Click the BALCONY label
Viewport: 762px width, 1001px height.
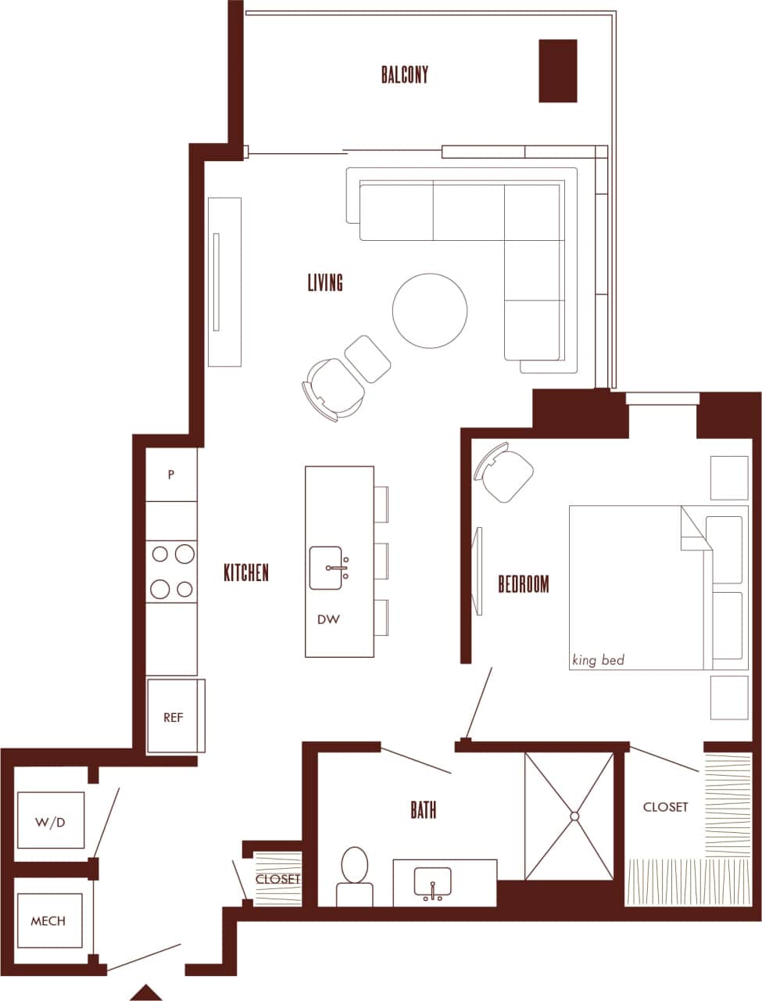(x=405, y=74)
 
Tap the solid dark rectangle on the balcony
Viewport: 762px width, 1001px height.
(x=558, y=70)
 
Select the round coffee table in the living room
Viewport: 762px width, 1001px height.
(x=430, y=310)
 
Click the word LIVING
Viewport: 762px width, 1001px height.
(x=325, y=282)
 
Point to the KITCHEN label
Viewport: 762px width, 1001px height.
(x=246, y=572)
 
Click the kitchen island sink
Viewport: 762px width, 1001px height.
(x=336, y=568)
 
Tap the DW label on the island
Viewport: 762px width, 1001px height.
(x=328, y=619)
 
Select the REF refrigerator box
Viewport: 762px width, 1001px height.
(x=174, y=716)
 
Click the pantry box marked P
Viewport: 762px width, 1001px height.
(x=171, y=475)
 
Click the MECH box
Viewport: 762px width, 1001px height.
(x=48, y=920)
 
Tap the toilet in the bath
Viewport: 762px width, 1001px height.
(x=355, y=876)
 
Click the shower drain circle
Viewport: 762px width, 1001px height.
(x=574, y=816)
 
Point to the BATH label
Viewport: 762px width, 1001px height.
(x=424, y=810)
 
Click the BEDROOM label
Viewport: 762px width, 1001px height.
(x=524, y=584)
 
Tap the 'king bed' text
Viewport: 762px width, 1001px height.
(x=598, y=660)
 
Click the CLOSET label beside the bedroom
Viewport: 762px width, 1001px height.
(x=665, y=806)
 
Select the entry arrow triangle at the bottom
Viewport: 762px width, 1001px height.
(x=145, y=992)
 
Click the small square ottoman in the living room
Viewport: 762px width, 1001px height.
(x=367, y=359)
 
